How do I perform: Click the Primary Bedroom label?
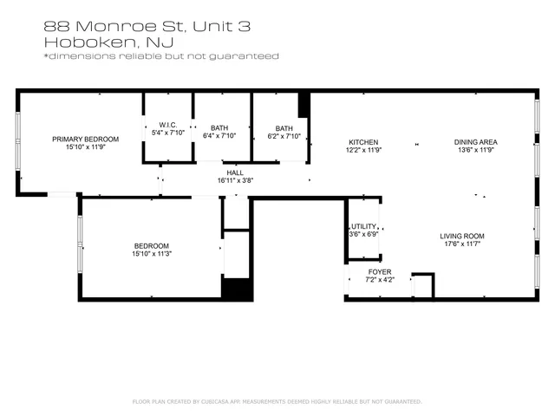pyautogui.click(x=85, y=139)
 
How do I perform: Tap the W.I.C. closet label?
pyautogui.click(x=168, y=126)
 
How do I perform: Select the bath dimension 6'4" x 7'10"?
pyautogui.click(x=219, y=136)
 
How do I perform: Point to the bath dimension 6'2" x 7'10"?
pyautogui.click(x=284, y=136)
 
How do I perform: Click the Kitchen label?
pyautogui.click(x=363, y=141)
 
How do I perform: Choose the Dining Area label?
pyautogui.click(x=475, y=141)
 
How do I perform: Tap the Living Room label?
pyautogui.click(x=462, y=236)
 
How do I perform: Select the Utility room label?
pyautogui.click(x=363, y=226)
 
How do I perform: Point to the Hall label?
pyautogui.click(x=234, y=173)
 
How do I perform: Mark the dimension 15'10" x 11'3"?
pyautogui.click(x=151, y=254)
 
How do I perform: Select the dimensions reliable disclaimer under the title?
pyautogui.click(x=160, y=56)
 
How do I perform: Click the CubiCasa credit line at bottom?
pyautogui.click(x=277, y=401)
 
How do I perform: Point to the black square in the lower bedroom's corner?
pyautogui.click(x=237, y=289)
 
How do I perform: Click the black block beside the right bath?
pyautogui.click(x=304, y=105)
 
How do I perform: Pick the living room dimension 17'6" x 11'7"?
pyautogui.click(x=462, y=244)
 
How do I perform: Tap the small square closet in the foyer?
pyautogui.click(x=422, y=285)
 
